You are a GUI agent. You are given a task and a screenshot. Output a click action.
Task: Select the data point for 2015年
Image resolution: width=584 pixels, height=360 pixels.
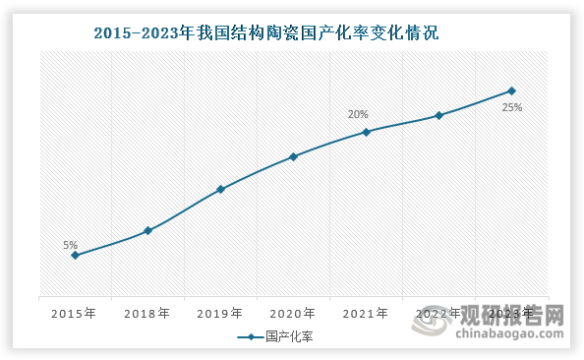[75, 256]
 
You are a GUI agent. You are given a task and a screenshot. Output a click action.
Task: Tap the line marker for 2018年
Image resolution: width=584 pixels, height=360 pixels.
[147, 231]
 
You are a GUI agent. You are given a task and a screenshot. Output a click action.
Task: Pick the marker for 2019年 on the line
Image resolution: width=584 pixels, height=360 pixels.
[220, 189]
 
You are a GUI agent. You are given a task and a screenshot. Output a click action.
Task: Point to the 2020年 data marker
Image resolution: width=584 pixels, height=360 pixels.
[293, 156]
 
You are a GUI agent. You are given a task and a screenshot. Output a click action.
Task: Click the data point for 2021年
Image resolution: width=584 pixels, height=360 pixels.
[366, 132]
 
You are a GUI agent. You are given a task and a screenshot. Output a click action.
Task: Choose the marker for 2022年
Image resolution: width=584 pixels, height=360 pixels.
[438, 115]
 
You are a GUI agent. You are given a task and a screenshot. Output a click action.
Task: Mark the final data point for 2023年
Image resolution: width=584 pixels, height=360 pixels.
[511, 91]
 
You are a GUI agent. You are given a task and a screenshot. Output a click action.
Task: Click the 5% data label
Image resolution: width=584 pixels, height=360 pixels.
[70, 246]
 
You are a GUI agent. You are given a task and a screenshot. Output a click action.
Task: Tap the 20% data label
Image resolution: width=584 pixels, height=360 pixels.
[358, 115]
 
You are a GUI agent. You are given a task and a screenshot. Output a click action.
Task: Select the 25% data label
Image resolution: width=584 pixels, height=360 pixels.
[511, 108]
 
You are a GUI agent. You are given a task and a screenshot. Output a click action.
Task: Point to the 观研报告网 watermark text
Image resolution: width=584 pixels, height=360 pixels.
[521, 317]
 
